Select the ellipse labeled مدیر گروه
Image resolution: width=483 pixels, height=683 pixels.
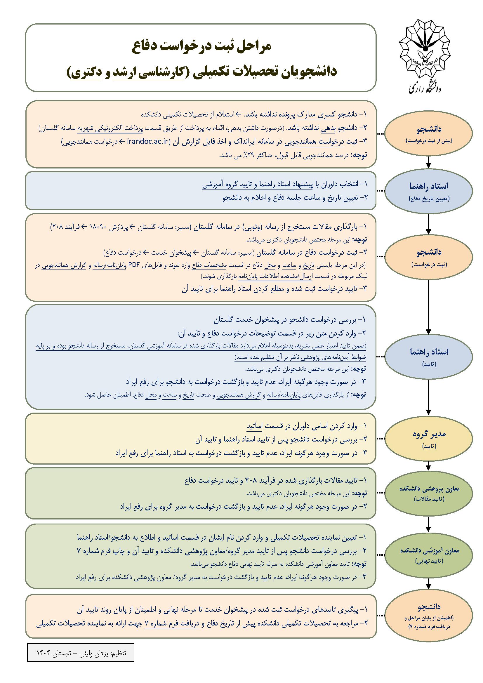tap(428, 438)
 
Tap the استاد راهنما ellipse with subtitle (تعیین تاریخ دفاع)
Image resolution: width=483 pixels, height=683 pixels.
tap(428, 190)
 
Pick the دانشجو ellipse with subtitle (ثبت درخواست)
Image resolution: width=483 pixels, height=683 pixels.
tap(428, 256)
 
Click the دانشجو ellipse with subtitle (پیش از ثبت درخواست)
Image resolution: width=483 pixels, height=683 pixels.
tap(428, 132)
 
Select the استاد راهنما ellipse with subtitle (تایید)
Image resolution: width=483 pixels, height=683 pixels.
tap(428, 355)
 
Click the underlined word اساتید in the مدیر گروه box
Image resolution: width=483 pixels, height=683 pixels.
tap(255, 427)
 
